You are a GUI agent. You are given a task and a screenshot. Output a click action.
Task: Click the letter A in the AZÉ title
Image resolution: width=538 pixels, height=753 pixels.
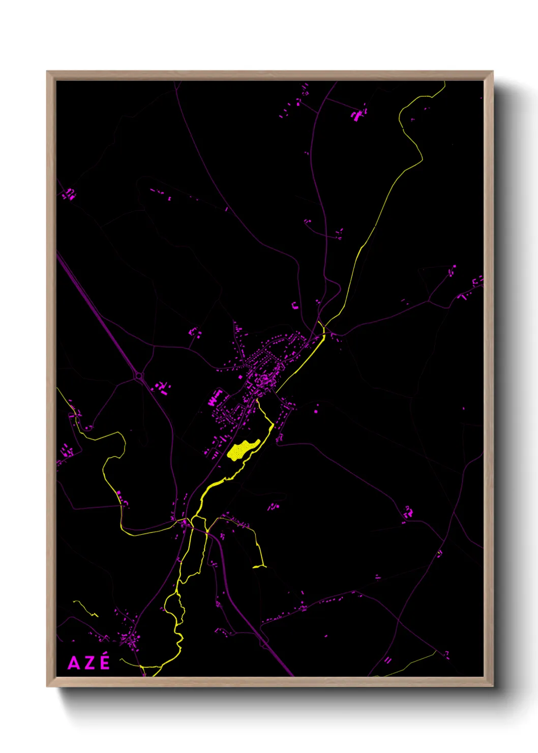[x=74, y=663]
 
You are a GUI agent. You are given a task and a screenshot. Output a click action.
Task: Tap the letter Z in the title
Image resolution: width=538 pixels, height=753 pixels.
[x=89, y=663]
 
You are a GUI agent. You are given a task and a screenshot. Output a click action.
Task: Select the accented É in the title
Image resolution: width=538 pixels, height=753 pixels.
[x=104, y=662]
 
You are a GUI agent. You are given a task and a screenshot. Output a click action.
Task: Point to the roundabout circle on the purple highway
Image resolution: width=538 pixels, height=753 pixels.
[x=139, y=376]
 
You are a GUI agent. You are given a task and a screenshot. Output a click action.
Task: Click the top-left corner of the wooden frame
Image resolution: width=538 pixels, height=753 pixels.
[x=47, y=72]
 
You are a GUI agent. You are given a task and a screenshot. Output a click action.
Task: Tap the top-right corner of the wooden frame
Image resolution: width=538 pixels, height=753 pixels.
[x=492, y=72]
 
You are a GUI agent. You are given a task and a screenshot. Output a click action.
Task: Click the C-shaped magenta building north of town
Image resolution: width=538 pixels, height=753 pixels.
[x=294, y=306]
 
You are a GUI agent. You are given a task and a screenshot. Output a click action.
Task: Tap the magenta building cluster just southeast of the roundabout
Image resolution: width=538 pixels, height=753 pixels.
[x=162, y=388]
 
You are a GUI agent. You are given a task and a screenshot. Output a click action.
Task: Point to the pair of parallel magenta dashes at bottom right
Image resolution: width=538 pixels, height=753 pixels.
[x=388, y=660]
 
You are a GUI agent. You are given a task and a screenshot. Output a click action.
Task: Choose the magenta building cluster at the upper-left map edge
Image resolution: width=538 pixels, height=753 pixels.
[x=69, y=194]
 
